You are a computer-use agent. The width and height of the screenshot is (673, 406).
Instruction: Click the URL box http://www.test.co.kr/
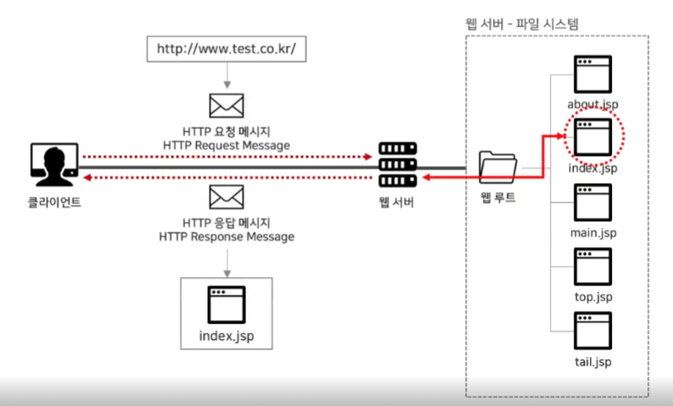226,48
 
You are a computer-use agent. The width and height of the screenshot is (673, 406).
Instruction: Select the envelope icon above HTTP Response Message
227,197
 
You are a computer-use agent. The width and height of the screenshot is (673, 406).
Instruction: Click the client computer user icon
53,163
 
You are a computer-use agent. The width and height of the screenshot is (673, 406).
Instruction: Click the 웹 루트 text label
497,197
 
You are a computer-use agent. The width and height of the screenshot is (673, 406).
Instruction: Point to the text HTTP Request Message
227,146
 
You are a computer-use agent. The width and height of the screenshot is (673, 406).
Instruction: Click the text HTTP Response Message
227,236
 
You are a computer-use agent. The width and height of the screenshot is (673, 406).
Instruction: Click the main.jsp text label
594,231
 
